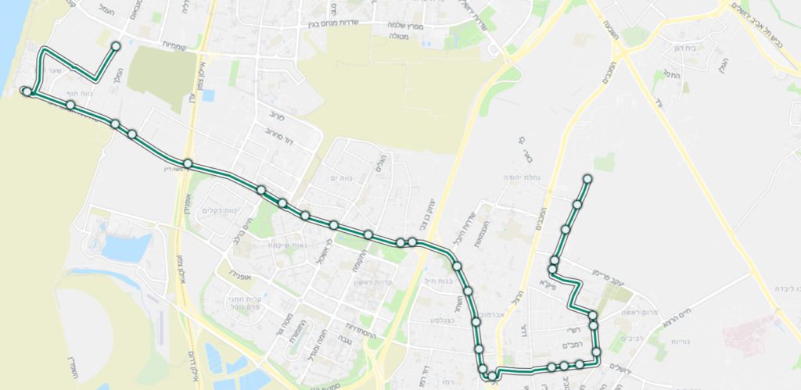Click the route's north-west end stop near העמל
pos(116,46)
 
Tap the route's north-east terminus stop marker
pos(587,180)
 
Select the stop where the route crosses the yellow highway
pos(189,163)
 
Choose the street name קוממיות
pos(178,45)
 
